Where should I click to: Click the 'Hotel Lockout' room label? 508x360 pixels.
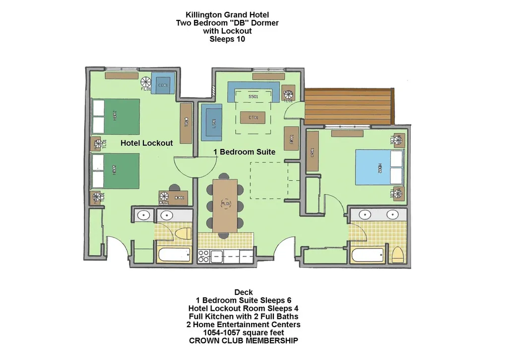pos(147,143)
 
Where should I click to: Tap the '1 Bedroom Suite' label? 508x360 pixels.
pos(244,152)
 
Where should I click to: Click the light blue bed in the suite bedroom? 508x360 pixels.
pos(380,168)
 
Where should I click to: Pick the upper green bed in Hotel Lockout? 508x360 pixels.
pos(116,117)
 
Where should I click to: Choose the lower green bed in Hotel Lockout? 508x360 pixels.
pos(116,170)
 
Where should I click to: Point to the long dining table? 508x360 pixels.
pos(226,204)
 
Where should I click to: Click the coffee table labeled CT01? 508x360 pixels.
pos(253,117)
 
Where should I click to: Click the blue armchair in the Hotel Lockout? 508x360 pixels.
pos(162,85)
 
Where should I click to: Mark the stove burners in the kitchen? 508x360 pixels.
pos(203,256)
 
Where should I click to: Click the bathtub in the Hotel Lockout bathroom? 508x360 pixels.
pos(174,255)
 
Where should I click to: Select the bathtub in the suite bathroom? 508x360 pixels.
pos(368,256)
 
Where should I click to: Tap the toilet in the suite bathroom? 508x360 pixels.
pos(398,256)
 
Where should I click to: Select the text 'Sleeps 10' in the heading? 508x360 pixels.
pos(227,39)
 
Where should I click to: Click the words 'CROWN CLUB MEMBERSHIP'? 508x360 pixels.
pos(244,341)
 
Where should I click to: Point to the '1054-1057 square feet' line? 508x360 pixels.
pos(244,333)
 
